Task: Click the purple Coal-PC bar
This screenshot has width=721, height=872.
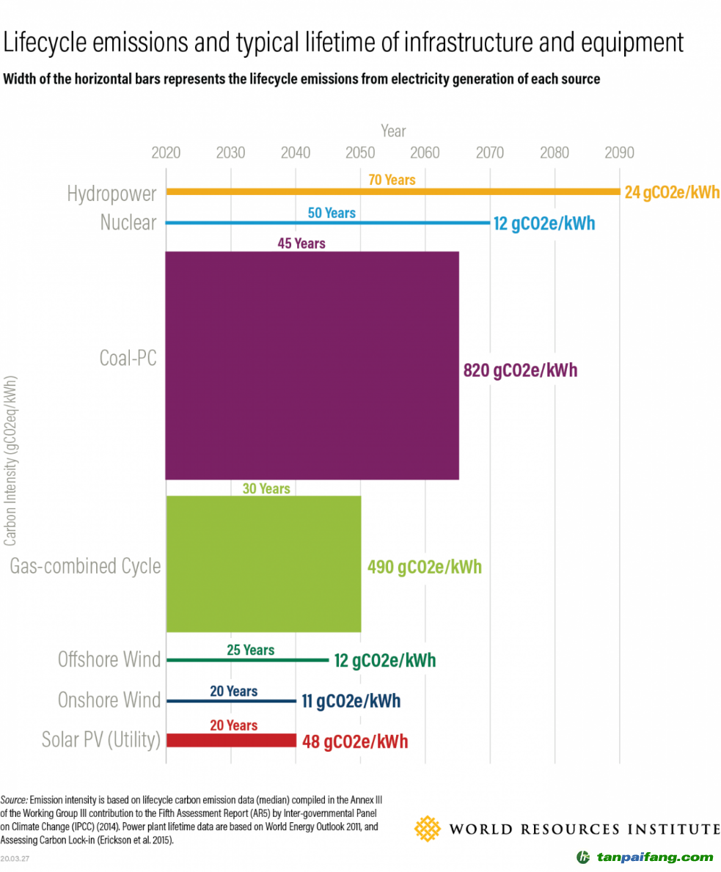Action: point(312,365)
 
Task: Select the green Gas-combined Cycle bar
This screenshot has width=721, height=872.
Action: point(263,563)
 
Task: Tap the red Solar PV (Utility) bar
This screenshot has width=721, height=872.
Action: point(231,741)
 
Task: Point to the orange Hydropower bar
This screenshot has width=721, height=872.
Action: point(392,192)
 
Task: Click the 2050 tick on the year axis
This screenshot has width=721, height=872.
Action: point(360,153)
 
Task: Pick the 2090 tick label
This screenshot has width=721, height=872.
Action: point(619,153)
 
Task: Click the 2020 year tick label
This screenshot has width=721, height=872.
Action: point(166,153)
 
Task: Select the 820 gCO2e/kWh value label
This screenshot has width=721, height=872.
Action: point(520,370)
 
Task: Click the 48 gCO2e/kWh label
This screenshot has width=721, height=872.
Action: point(355,741)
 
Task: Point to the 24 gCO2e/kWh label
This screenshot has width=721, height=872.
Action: point(672,193)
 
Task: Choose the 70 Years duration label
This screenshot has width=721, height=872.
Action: point(392,180)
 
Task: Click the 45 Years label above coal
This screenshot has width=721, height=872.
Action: point(301,243)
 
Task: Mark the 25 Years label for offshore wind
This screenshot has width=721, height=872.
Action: point(249,650)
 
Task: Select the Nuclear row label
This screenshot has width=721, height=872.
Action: point(128,222)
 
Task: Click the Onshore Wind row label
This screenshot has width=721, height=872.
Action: point(109,700)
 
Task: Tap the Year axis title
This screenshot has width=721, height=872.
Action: point(393,131)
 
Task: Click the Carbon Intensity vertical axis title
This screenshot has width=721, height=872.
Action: point(11,462)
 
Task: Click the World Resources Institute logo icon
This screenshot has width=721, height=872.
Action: point(428,829)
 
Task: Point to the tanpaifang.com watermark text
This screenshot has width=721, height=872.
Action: point(655,857)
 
